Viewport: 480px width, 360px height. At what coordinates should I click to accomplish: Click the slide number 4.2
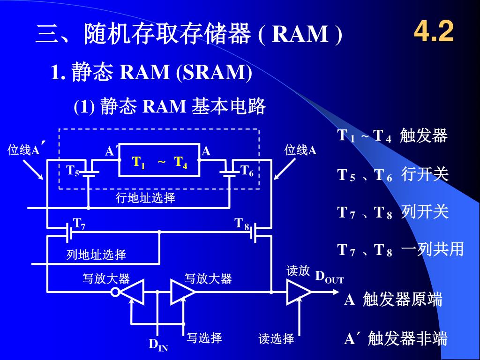[x=434, y=32]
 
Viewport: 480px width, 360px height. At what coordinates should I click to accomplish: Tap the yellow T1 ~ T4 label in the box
[x=160, y=162]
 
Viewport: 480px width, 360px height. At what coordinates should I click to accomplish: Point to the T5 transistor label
[x=73, y=170]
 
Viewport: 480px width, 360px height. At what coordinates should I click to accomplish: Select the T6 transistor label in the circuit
[x=247, y=171]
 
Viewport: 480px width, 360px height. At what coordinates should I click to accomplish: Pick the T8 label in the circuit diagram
[x=242, y=223]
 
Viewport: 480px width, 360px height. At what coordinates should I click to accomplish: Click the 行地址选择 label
[x=145, y=198]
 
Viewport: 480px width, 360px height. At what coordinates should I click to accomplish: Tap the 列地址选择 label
[x=96, y=255]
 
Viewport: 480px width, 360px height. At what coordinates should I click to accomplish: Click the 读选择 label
[x=276, y=338]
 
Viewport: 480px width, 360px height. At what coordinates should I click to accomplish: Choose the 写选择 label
[x=204, y=338]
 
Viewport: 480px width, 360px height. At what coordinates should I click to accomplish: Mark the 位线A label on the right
[x=300, y=150]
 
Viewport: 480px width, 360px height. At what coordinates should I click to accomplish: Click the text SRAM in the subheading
[x=214, y=72]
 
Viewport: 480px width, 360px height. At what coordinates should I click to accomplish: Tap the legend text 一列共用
[x=432, y=249]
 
